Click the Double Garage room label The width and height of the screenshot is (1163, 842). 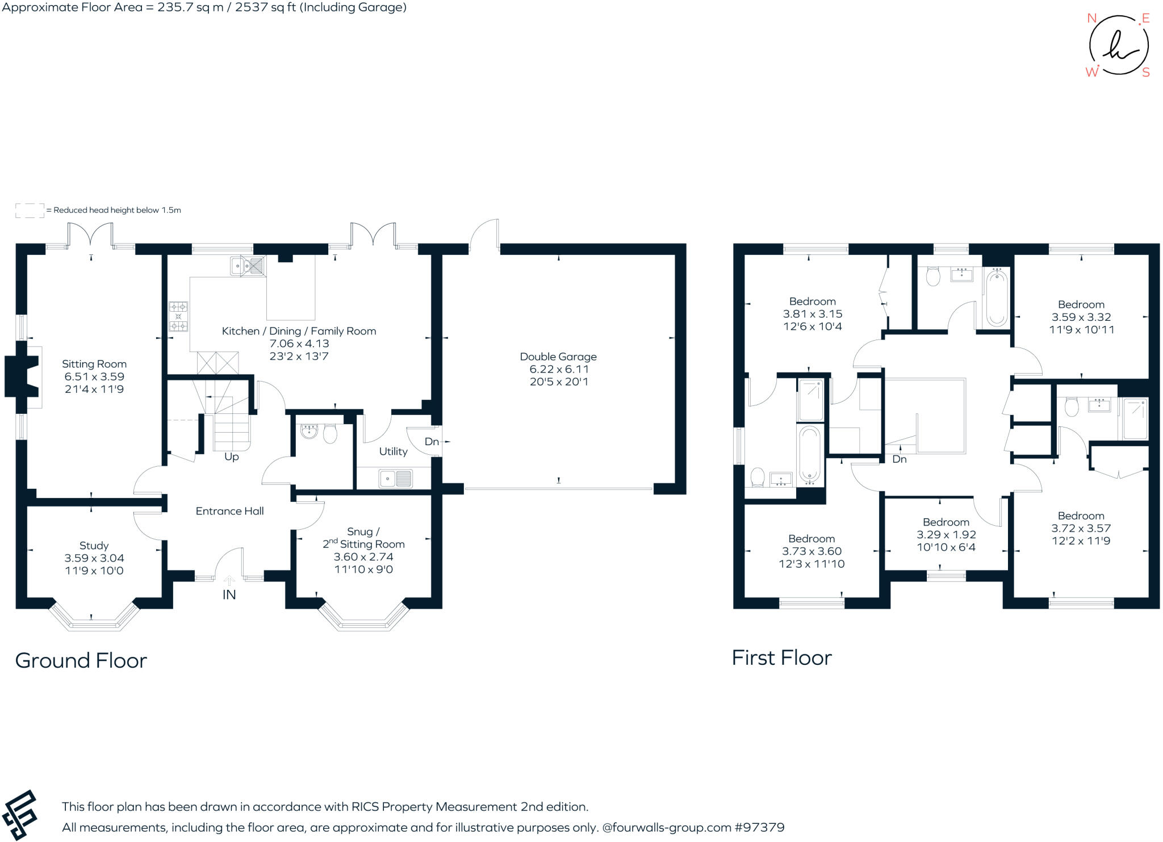[x=558, y=357]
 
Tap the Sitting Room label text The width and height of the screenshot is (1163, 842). [x=94, y=364]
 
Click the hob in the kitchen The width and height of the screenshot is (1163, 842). [x=178, y=316]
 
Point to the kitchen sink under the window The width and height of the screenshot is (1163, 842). [x=248, y=266]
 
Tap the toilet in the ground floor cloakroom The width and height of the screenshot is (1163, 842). [x=330, y=434]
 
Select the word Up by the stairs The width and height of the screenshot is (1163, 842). [x=232, y=456]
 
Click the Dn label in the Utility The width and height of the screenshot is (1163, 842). [x=432, y=441]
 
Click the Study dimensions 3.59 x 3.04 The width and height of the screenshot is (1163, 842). [x=94, y=558]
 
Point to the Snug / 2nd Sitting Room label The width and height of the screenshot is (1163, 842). [x=363, y=538]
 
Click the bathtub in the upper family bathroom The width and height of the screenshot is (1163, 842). [x=996, y=298]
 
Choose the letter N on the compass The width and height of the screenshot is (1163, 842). [x=1091, y=18]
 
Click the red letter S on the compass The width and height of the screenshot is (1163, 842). [x=1146, y=73]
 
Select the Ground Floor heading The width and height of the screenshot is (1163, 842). [x=81, y=660]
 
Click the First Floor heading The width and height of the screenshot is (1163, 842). [x=781, y=657]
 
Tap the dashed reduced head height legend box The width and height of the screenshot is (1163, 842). [x=30, y=210]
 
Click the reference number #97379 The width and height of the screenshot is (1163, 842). [x=759, y=827]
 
